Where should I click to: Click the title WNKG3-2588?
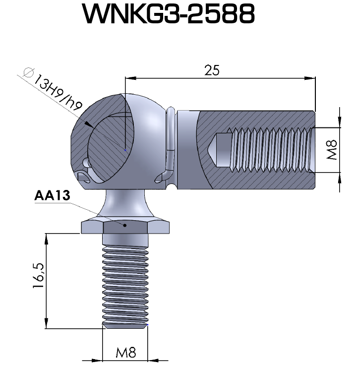[169, 15]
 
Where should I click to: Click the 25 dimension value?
[212, 70]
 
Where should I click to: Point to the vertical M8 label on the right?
[332, 149]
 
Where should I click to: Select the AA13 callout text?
[52, 195]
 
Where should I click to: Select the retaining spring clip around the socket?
[170, 144]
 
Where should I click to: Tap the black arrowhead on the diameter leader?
[88, 124]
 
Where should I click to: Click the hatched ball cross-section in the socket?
[107, 149]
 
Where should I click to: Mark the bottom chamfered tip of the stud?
[125, 325]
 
